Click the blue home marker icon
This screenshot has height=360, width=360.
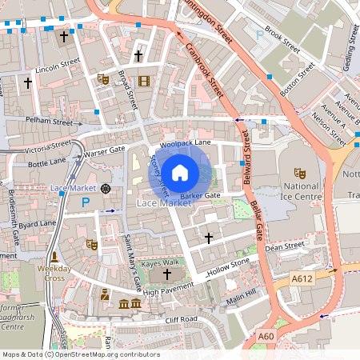[x=180, y=171]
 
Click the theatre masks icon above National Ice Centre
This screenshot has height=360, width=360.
[x=301, y=172]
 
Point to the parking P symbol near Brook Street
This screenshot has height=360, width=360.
[x=258, y=35]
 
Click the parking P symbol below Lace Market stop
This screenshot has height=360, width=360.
[x=86, y=203]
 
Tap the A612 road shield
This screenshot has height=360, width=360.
[x=302, y=278]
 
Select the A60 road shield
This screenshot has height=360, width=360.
[x=266, y=337]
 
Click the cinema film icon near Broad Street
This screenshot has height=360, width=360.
[x=144, y=80]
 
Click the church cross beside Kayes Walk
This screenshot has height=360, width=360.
[x=167, y=275]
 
